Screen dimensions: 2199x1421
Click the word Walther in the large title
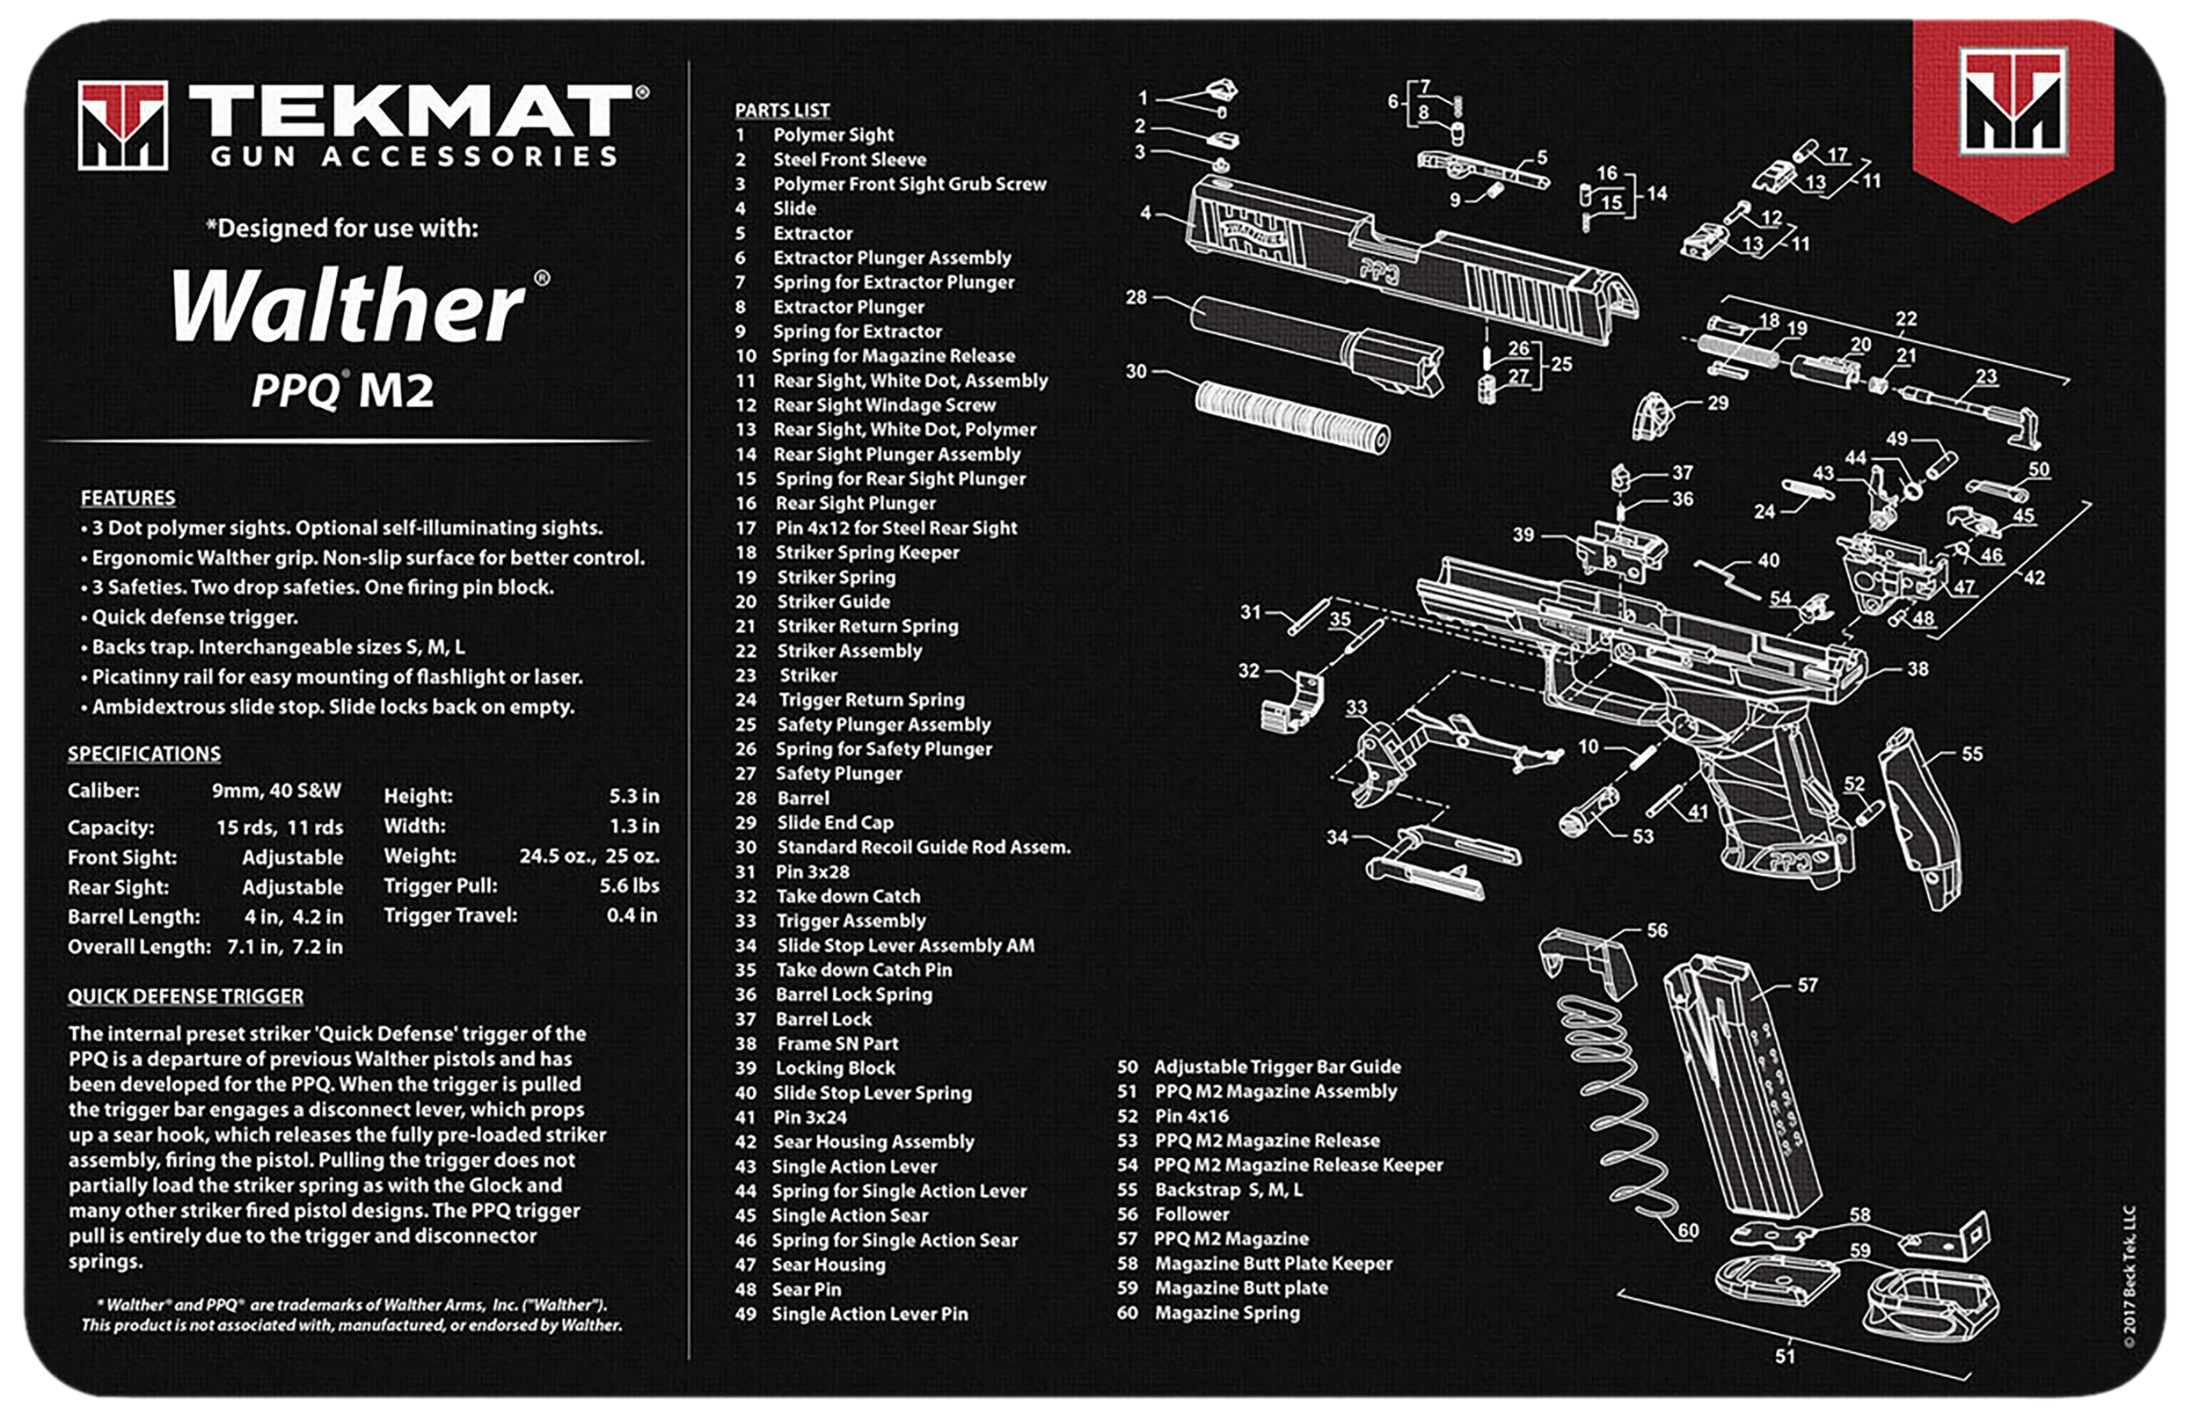tap(348, 304)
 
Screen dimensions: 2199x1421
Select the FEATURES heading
tap(128, 499)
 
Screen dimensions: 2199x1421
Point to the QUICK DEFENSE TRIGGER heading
tap(186, 996)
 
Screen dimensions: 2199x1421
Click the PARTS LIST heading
tap(782, 110)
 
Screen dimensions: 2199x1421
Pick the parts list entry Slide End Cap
tap(835, 823)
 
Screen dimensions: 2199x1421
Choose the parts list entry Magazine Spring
tap(1227, 1313)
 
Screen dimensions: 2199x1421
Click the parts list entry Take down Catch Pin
tap(864, 970)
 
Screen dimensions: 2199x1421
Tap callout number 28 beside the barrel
tap(1136, 297)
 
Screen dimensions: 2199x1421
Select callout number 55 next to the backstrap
tap(1972, 754)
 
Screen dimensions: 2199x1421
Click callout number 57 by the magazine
tap(1808, 986)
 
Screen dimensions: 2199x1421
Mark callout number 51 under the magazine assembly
tap(1786, 1357)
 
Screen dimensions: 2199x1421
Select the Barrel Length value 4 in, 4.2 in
tap(294, 917)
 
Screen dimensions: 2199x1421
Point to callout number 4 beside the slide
tap(1145, 212)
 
